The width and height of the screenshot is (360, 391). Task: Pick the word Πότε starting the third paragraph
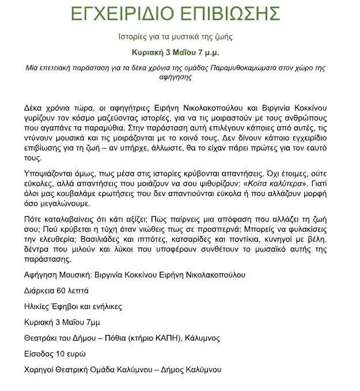(34, 220)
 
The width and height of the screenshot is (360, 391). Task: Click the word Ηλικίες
(37, 306)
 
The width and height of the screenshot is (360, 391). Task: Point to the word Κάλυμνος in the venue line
(202, 338)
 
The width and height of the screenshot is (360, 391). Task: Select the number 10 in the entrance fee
(60, 354)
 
